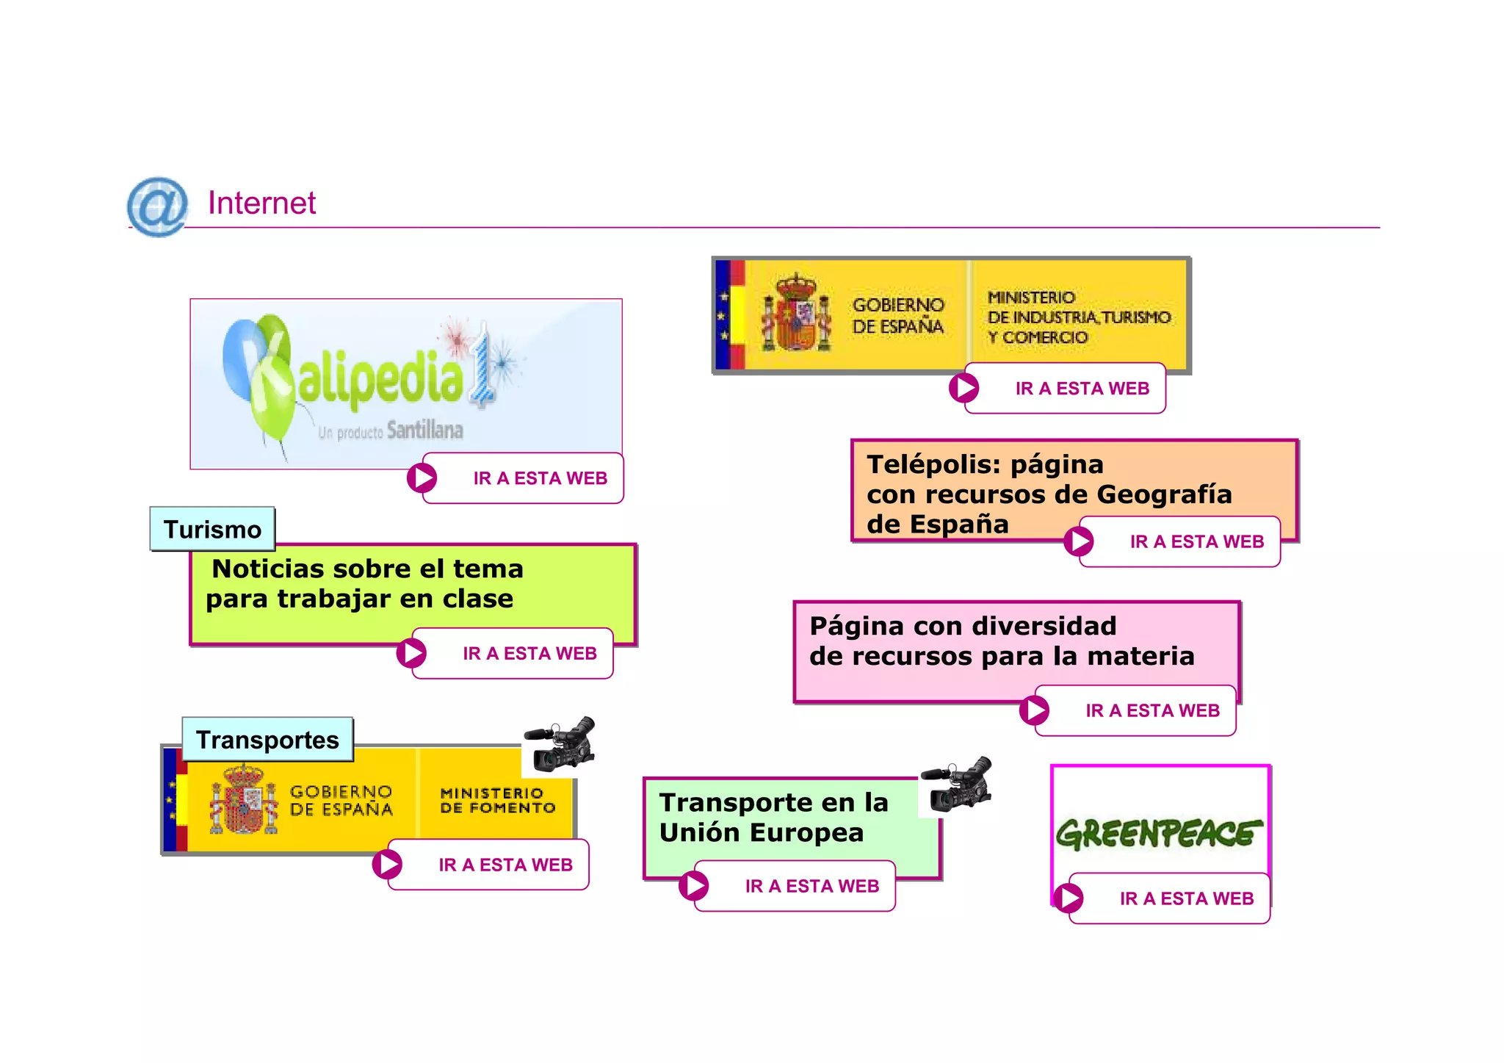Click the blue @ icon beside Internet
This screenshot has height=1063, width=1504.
157,206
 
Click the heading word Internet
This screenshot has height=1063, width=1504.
261,203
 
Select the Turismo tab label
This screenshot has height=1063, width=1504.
212,529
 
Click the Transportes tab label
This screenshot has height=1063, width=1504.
267,740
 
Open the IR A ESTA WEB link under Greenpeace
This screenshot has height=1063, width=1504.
1186,898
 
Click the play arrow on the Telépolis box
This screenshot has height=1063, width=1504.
1079,541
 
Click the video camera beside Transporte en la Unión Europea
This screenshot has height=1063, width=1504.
957,785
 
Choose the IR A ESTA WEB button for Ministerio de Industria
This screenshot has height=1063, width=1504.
1082,389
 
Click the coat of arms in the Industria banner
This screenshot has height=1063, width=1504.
796,314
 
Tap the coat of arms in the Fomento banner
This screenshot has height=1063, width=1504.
244,799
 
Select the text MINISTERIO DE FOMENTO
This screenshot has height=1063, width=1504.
497,801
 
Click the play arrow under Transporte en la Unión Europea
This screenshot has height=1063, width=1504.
694,886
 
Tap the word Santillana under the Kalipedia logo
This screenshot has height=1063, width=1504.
424,430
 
